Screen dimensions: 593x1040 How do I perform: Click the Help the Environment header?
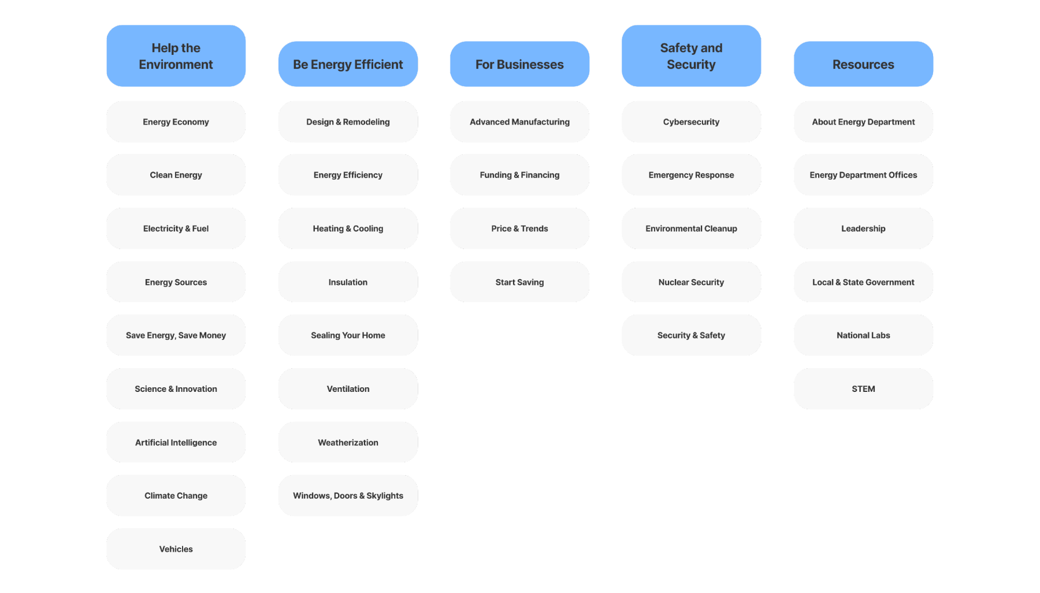pyautogui.click(x=176, y=56)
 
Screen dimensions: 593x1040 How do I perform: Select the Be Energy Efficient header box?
pyautogui.click(x=348, y=64)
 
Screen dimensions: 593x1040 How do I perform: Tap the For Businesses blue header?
pyautogui.click(x=519, y=64)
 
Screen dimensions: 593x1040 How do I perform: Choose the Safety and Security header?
pyautogui.click(x=691, y=56)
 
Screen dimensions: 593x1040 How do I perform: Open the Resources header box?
pyautogui.click(x=863, y=64)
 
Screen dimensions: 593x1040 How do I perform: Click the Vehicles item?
pyautogui.click(x=176, y=549)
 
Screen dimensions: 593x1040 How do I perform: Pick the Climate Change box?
pyautogui.click(x=176, y=495)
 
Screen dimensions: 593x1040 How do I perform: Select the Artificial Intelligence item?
pyautogui.click(x=176, y=442)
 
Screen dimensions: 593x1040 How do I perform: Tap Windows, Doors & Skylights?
pyautogui.click(x=348, y=495)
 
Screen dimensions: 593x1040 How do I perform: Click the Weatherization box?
pyautogui.click(x=348, y=442)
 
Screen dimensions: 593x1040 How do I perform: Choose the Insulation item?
pyautogui.click(x=348, y=282)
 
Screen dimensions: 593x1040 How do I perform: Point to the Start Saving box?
pyautogui.click(x=519, y=282)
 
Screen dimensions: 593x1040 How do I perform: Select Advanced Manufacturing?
pyautogui.click(x=519, y=122)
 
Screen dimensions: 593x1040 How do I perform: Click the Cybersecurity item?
pyautogui.click(x=691, y=122)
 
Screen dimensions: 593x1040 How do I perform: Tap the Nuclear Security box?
pyautogui.click(x=691, y=282)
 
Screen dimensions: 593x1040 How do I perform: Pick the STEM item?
pyautogui.click(x=863, y=389)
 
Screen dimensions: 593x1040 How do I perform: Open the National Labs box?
pyautogui.click(x=863, y=335)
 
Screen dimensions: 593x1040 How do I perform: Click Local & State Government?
pyautogui.click(x=863, y=282)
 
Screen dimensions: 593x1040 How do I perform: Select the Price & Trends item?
pyautogui.click(x=519, y=228)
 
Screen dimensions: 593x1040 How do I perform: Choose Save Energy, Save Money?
pyautogui.click(x=176, y=335)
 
